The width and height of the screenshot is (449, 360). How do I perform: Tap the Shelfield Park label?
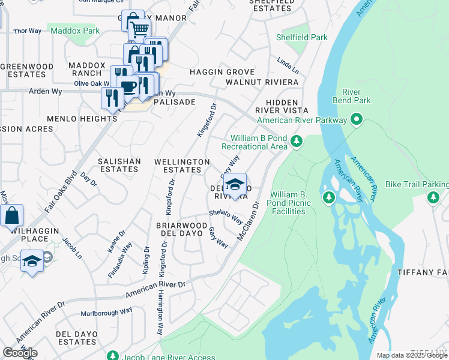coord(301,37)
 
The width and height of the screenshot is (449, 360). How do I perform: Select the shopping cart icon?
coord(139,28)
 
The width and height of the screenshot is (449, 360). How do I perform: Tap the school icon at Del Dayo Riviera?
coord(235,184)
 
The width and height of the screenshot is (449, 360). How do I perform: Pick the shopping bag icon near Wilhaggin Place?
coord(11,215)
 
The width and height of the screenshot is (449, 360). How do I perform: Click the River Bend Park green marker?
coord(357,120)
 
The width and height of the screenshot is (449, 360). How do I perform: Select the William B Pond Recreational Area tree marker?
coord(296,142)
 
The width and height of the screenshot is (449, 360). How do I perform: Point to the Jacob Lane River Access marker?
coord(112,357)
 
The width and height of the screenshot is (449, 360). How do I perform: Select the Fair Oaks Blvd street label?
coord(62,191)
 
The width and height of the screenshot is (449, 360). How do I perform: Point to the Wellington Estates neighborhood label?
coord(182,166)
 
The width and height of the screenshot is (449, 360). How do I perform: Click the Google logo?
coord(20,353)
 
